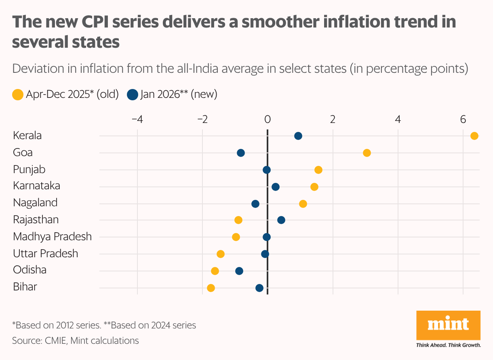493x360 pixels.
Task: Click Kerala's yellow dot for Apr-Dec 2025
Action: pyautogui.click(x=474, y=136)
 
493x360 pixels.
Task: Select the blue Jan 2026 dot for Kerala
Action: pyautogui.click(x=298, y=136)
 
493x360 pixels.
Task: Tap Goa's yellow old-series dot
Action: pyautogui.click(x=367, y=153)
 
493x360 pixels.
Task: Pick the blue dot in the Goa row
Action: pyautogui.click(x=241, y=153)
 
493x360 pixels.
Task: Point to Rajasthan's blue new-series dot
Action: pyautogui.click(x=281, y=220)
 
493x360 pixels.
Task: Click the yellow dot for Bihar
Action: pyautogui.click(x=211, y=288)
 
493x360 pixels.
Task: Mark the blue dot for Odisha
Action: pyautogui.click(x=239, y=271)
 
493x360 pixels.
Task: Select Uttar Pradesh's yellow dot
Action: pyautogui.click(x=221, y=254)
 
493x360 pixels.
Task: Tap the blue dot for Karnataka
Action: pyautogui.click(x=276, y=187)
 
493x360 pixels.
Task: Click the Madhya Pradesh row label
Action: pyautogui.click(x=53, y=237)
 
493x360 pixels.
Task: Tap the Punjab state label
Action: pyautogui.click(x=29, y=169)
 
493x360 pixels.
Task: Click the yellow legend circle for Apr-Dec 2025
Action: pyautogui.click(x=18, y=95)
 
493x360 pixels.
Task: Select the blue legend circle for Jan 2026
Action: pyautogui.click(x=133, y=95)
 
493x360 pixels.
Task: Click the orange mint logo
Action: pyautogui.click(x=448, y=325)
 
